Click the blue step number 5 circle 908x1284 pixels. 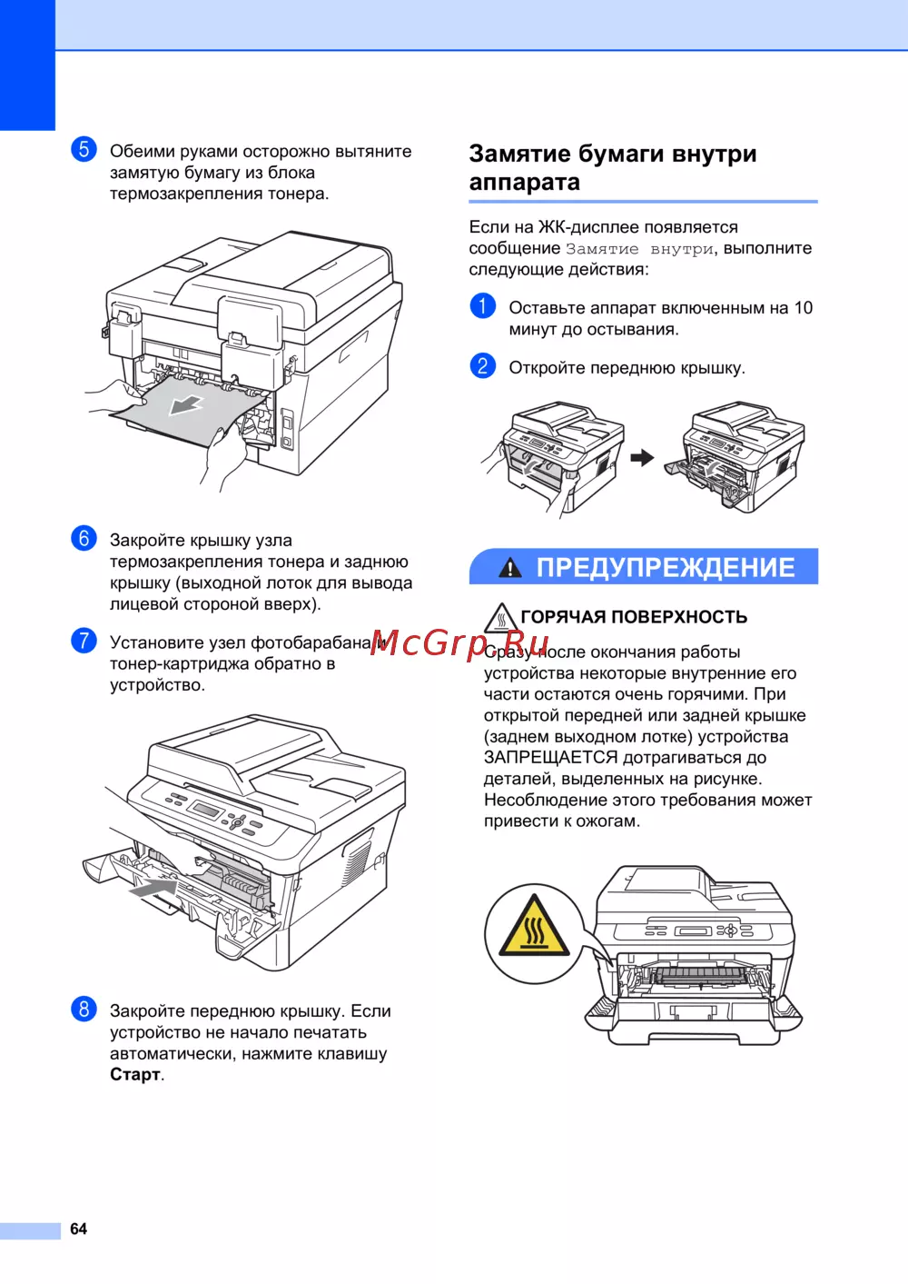click(x=84, y=150)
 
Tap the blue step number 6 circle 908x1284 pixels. click(x=84, y=539)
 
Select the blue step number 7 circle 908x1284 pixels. click(x=84, y=641)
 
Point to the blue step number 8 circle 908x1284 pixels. click(x=84, y=1010)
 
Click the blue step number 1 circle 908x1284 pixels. click(x=483, y=306)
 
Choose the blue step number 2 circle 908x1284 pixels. click(x=483, y=365)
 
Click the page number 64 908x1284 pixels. click(x=78, y=1229)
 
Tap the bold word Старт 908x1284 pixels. click(x=135, y=1074)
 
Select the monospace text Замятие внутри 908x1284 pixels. click(x=640, y=249)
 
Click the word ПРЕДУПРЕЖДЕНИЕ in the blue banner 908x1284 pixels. click(x=666, y=567)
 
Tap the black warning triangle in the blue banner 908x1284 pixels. click(x=510, y=567)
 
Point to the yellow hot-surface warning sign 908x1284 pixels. click(x=534, y=926)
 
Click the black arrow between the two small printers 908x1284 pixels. click(x=642, y=457)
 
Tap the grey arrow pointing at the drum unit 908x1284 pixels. click(x=153, y=889)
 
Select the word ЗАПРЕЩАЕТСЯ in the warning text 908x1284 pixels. click(x=550, y=758)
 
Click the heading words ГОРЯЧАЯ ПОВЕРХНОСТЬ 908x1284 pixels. click(x=634, y=617)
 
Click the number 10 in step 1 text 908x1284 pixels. click(x=804, y=308)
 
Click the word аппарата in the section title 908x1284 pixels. click(x=524, y=183)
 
